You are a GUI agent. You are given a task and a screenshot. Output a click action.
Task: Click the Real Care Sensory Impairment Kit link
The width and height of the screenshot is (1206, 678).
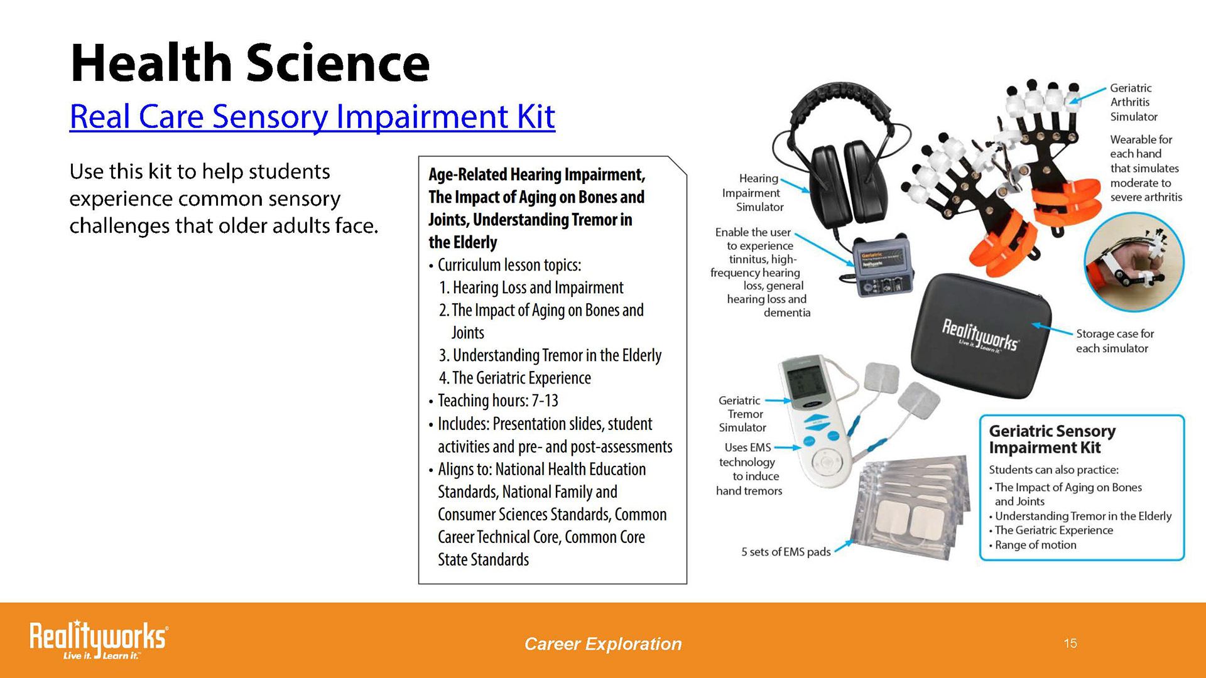point(312,117)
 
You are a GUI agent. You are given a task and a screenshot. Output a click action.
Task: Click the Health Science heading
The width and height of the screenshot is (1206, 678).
point(250,63)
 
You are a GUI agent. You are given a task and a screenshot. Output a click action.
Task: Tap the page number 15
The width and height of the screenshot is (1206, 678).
point(1070,643)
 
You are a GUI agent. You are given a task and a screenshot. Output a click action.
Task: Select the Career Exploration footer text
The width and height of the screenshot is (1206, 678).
point(603,644)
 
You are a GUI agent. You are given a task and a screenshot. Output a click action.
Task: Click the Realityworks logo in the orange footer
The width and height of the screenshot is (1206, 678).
point(99,640)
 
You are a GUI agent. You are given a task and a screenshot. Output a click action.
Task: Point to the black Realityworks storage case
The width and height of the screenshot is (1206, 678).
point(981,334)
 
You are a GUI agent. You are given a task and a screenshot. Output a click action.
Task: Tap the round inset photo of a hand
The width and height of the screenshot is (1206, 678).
point(1134,262)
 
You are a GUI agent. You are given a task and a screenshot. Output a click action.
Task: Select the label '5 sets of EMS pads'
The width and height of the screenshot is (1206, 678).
point(786,552)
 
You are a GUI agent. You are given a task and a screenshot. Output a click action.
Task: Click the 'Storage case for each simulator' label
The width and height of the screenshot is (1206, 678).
point(1115,341)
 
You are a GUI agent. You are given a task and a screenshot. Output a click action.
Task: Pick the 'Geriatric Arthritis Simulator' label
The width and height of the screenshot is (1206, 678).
point(1134,102)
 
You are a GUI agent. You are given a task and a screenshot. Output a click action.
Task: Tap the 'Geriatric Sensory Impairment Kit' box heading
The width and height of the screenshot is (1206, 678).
point(1052,439)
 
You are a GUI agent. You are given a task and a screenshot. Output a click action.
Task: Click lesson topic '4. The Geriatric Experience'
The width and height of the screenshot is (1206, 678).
point(515,378)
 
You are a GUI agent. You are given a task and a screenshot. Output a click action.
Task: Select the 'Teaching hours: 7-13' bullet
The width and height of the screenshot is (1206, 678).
point(494,401)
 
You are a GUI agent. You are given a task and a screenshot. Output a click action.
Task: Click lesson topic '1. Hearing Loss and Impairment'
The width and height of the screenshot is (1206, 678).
point(531,288)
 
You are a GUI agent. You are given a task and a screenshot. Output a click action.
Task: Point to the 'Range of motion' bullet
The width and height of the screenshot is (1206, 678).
point(1033,545)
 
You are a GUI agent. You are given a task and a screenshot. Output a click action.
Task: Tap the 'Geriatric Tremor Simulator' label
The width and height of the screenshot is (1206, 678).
point(742,414)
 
